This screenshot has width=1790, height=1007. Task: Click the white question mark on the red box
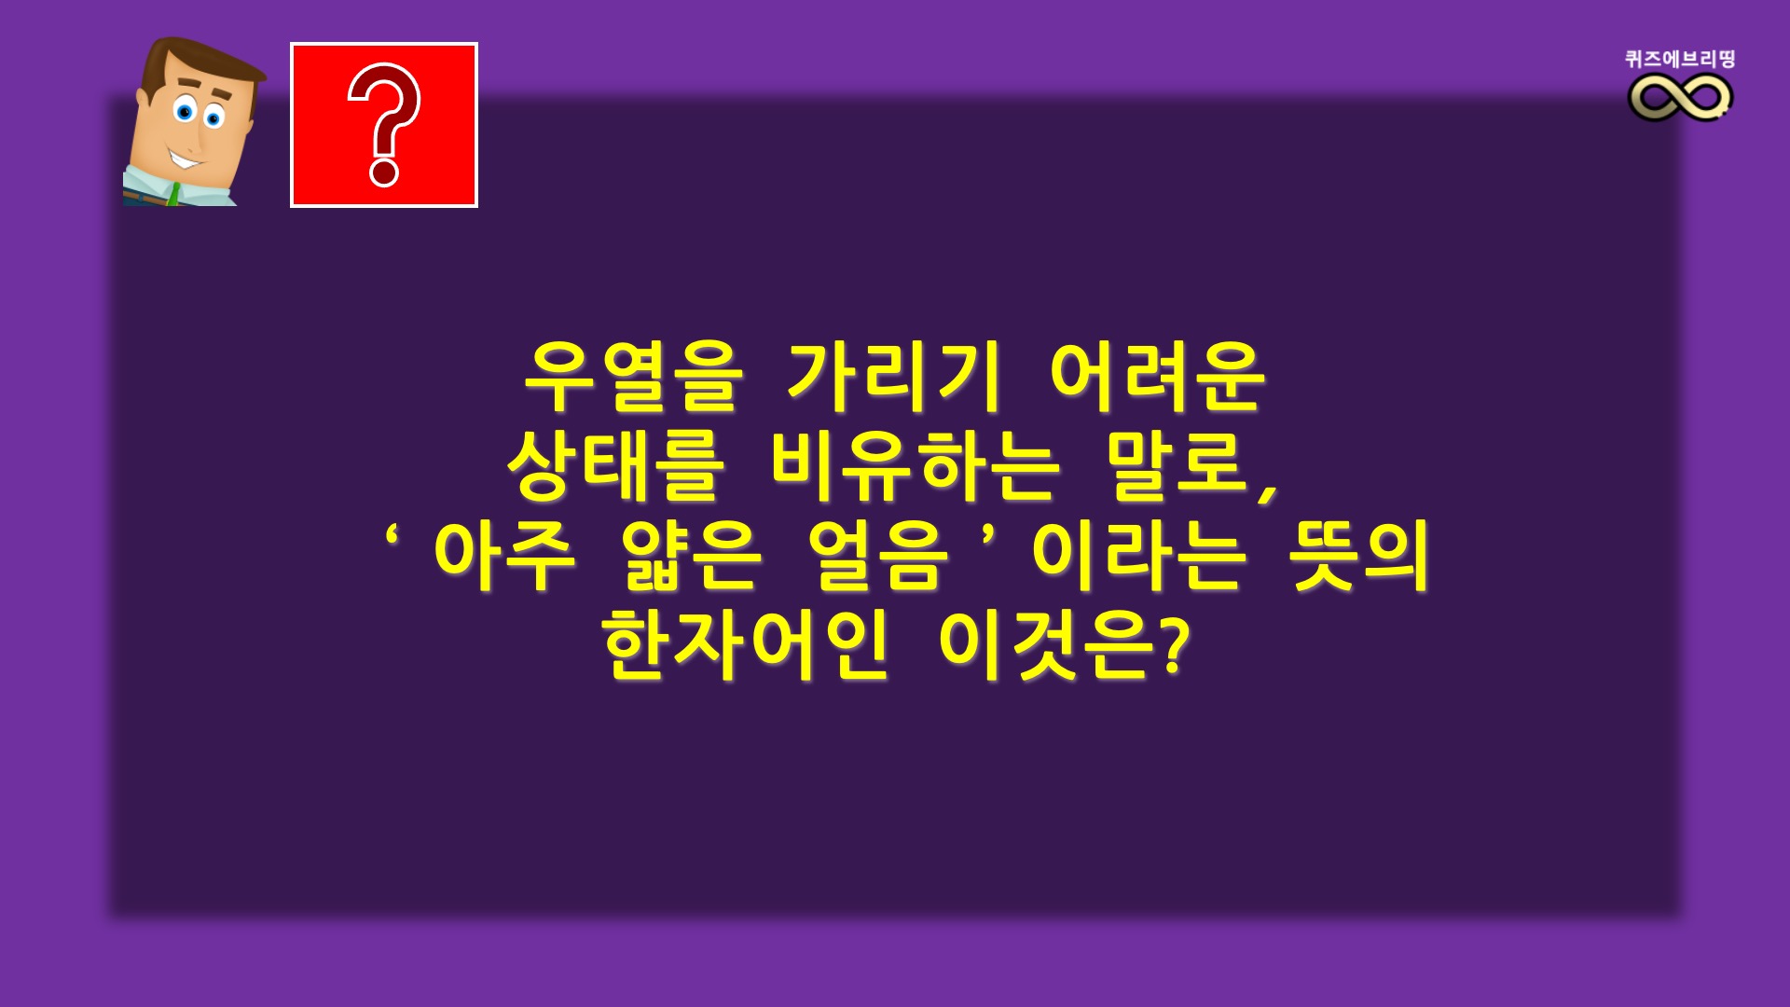(383, 125)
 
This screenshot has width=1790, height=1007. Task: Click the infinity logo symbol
(1680, 97)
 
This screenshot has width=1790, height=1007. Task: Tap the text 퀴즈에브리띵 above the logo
(1680, 59)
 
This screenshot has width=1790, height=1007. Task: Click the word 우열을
(634, 378)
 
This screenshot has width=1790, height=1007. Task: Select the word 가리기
(894, 377)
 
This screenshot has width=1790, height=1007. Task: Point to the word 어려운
(1157, 377)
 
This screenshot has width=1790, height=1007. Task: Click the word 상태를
(616, 465)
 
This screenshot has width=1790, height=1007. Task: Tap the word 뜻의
(1360, 556)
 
